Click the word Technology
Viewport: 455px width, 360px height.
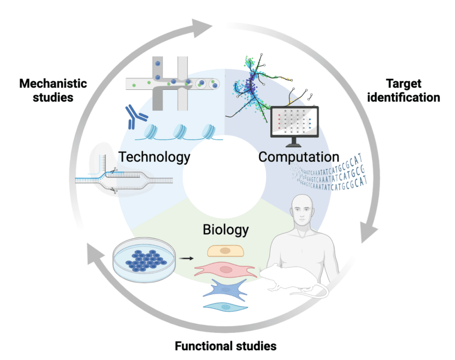point(154,157)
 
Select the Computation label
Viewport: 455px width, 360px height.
point(299,157)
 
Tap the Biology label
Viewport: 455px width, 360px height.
point(225,230)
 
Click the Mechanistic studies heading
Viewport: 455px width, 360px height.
point(53,90)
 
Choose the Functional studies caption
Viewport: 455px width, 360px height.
point(225,346)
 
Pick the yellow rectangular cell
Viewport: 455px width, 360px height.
point(226,250)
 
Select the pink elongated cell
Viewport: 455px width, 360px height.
point(226,269)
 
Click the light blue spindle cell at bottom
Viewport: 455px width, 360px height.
point(226,306)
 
